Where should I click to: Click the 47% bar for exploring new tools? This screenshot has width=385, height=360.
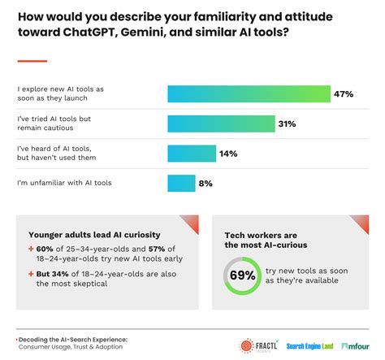[x=248, y=93]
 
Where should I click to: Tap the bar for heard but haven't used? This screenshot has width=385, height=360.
[x=191, y=154]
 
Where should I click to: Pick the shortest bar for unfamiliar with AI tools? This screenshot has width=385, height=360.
[x=180, y=184]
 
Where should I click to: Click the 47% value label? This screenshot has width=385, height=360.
[x=344, y=93]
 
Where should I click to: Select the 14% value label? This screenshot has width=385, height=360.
[x=229, y=154]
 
